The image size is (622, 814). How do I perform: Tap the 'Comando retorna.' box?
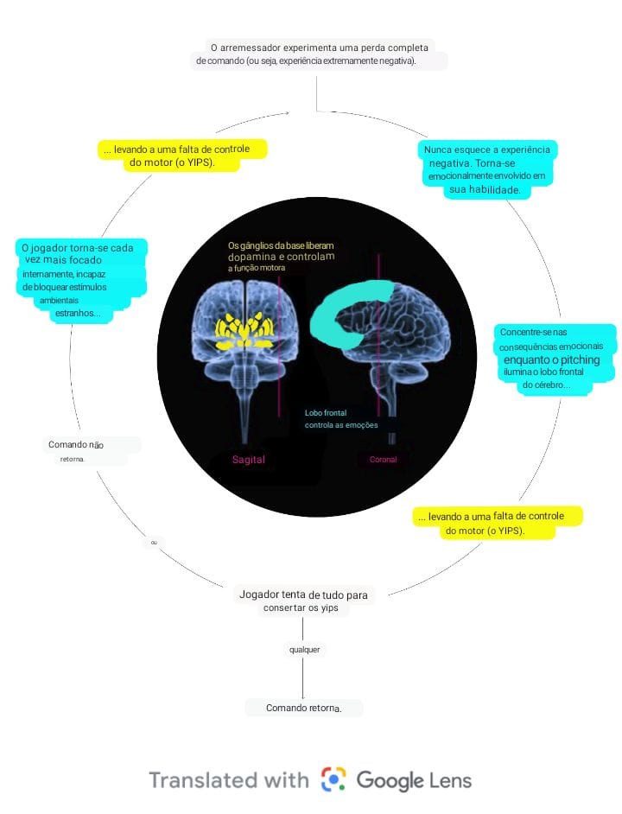point(303,708)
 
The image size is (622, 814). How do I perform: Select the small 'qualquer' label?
point(304,648)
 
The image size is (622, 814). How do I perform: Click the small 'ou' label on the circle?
point(154,542)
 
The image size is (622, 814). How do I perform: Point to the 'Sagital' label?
point(249,460)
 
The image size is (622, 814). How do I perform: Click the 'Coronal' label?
point(383,460)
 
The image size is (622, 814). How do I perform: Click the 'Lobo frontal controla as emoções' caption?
point(340,419)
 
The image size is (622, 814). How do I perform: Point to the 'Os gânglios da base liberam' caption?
point(281,245)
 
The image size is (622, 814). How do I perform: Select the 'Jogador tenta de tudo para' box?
point(302,601)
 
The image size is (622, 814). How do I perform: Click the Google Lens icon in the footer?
point(333,780)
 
